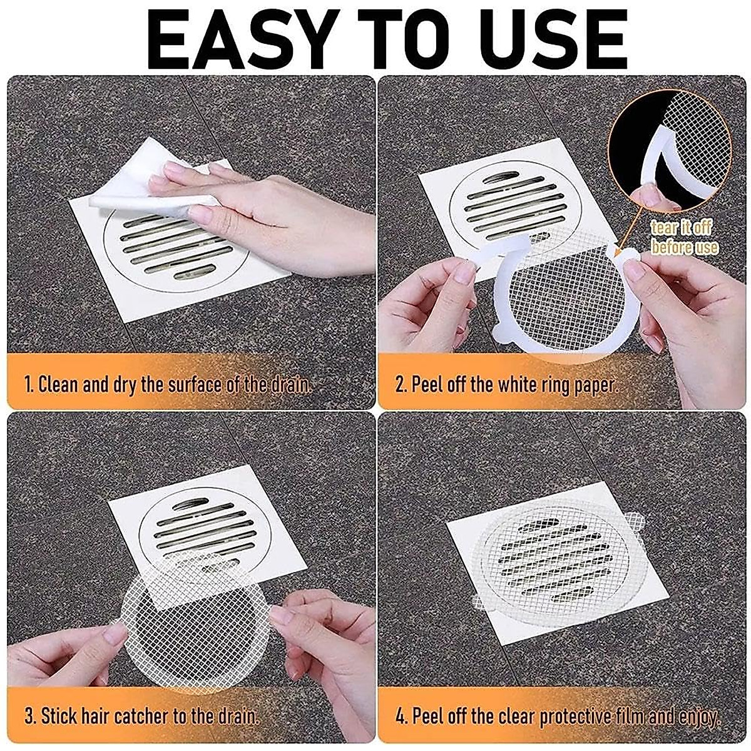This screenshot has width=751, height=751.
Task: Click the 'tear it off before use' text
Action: pos(684,237)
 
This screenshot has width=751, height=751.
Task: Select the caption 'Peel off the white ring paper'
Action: pos(507,384)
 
